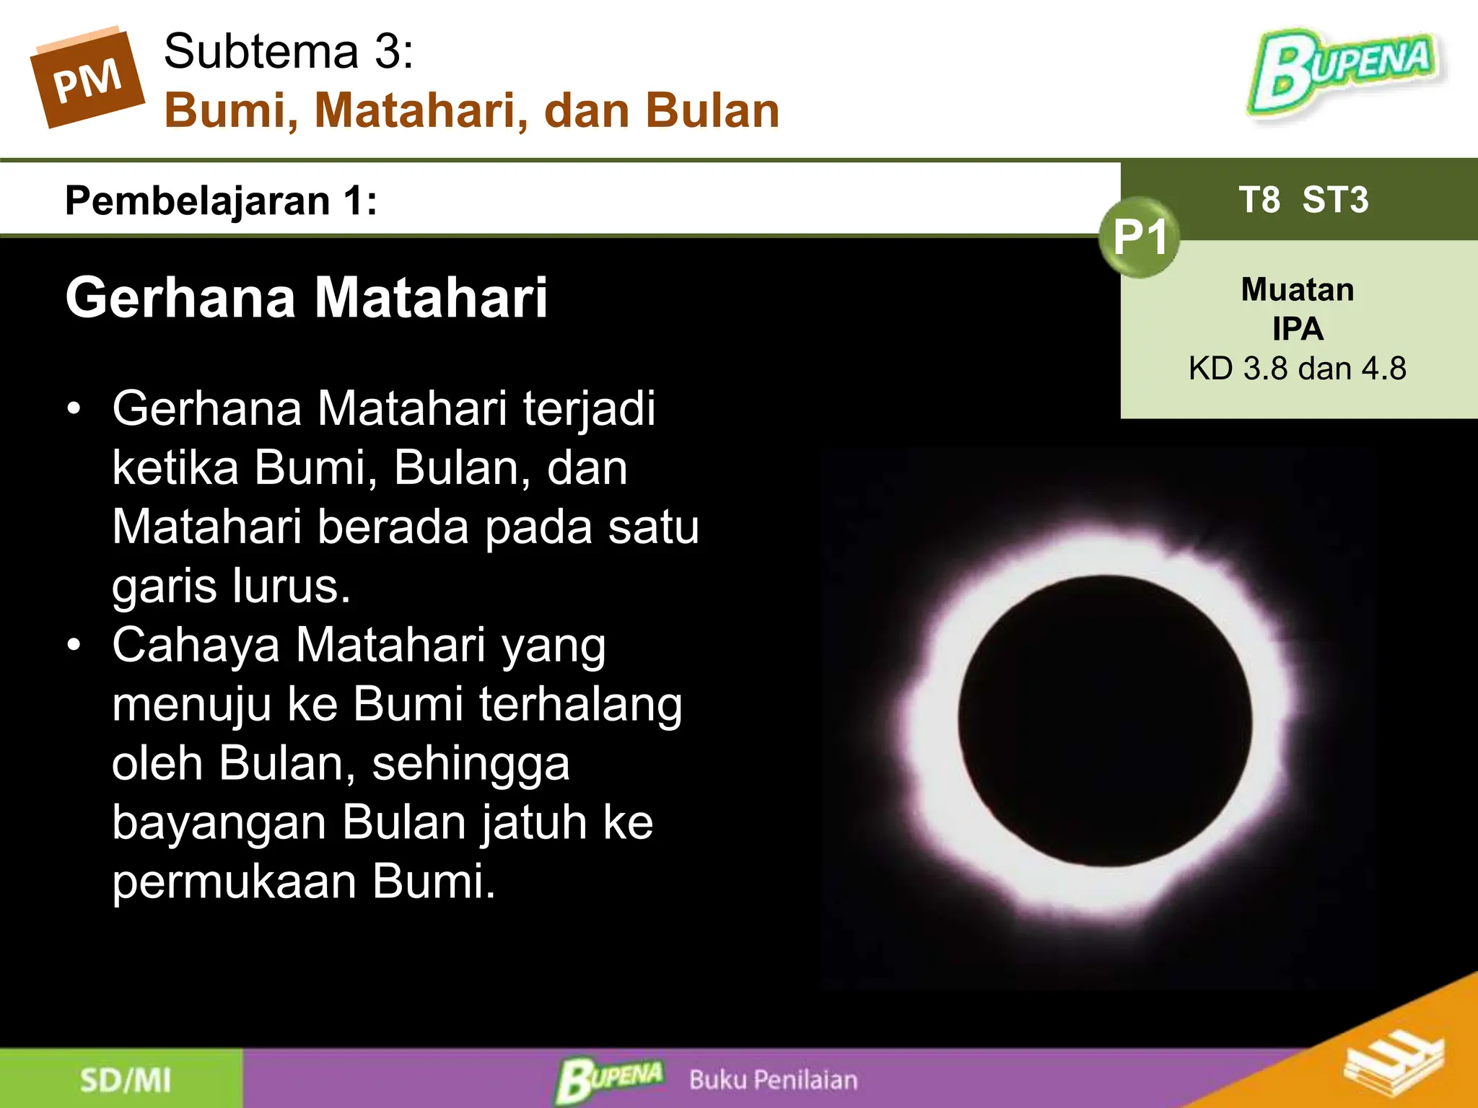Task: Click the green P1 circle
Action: (1140, 237)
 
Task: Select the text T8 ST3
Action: (1303, 200)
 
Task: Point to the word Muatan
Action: (1298, 290)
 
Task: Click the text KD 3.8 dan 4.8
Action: (1298, 369)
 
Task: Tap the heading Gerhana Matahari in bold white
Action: (307, 297)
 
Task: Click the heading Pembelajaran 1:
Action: (221, 201)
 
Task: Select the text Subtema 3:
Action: (289, 51)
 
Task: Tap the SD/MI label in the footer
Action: (126, 1081)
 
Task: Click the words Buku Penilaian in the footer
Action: (774, 1080)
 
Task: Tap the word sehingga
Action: (471, 763)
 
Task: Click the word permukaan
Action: (235, 881)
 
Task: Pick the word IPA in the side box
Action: (1298, 329)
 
